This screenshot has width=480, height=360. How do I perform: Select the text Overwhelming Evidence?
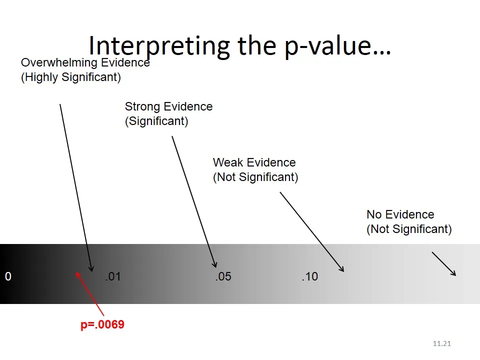pos(85,63)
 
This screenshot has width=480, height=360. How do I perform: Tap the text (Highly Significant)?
pos(70,77)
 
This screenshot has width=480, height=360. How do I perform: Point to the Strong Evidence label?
pos(168,106)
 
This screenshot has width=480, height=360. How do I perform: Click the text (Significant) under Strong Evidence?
pos(156,121)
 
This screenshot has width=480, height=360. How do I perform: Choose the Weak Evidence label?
pos(254,162)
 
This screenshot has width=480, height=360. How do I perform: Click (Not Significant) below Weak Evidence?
pos(255,177)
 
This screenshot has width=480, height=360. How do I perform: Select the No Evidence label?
pos(400,214)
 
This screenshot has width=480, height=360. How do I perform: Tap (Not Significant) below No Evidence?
pos(409,229)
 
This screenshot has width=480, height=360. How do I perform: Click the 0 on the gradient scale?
pos(8,276)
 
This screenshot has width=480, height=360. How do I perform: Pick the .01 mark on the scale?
pos(113,276)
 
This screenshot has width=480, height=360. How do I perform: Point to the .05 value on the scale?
pos(223,276)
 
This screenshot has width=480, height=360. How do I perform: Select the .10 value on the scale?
pos(309,276)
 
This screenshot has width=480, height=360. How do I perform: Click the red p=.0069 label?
pos(102,324)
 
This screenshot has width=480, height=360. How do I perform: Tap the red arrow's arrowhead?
pos(77,273)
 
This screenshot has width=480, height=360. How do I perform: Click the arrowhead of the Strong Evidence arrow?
pos(215,265)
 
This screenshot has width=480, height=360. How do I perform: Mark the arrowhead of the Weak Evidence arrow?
pos(342,269)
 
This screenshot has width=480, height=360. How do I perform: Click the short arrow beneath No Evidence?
pos(444,264)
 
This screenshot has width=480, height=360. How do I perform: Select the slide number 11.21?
pos(442,343)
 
